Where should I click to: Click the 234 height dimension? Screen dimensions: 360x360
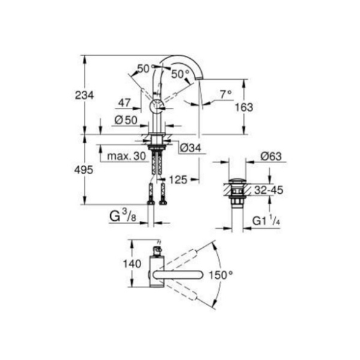click(x=85, y=95)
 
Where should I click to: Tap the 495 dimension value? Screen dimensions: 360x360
click(x=84, y=170)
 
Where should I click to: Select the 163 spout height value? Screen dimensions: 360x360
click(x=244, y=107)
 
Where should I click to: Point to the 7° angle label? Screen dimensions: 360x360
click(x=226, y=94)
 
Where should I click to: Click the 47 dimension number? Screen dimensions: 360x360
click(x=124, y=102)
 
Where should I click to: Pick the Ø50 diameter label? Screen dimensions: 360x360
click(x=126, y=120)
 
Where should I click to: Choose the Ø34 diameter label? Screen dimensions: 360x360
click(x=190, y=148)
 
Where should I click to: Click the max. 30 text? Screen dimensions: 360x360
click(x=126, y=156)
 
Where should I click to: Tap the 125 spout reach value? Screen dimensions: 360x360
click(x=178, y=180)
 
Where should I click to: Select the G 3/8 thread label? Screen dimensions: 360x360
click(x=123, y=216)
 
